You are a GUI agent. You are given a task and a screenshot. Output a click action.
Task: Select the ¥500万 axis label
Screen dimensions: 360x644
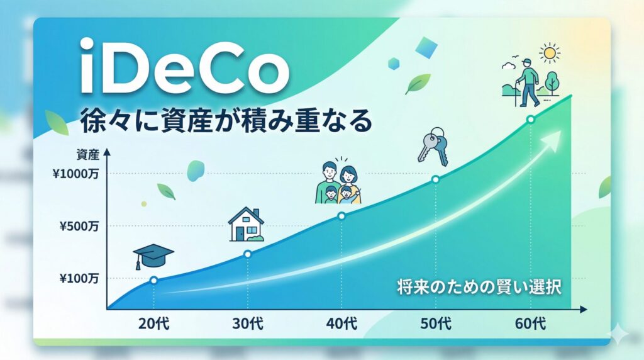click(x=79, y=225)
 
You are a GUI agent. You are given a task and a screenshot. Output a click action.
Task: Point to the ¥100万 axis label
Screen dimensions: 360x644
click(x=79, y=278)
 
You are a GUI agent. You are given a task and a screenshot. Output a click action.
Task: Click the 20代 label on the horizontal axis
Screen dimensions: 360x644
click(x=153, y=324)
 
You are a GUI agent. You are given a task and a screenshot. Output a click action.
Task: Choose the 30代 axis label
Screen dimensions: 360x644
click(x=248, y=324)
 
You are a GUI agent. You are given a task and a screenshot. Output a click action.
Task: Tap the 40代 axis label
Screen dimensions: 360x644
click(x=341, y=324)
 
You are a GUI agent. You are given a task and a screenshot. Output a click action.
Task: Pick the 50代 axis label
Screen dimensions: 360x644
click(x=436, y=324)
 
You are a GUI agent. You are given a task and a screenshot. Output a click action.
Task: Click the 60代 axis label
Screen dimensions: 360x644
click(x=530, y=324)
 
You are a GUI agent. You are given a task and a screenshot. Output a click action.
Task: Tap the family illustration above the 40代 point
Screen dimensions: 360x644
click(x=339, y=182)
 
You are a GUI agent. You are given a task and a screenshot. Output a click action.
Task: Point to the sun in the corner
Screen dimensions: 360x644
click(x=551, y=53)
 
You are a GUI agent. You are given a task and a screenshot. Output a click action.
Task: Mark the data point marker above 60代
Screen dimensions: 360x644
click(x=530, y=119)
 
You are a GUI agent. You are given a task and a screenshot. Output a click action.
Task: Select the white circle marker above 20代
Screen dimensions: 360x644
click(x=153, y=280)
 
